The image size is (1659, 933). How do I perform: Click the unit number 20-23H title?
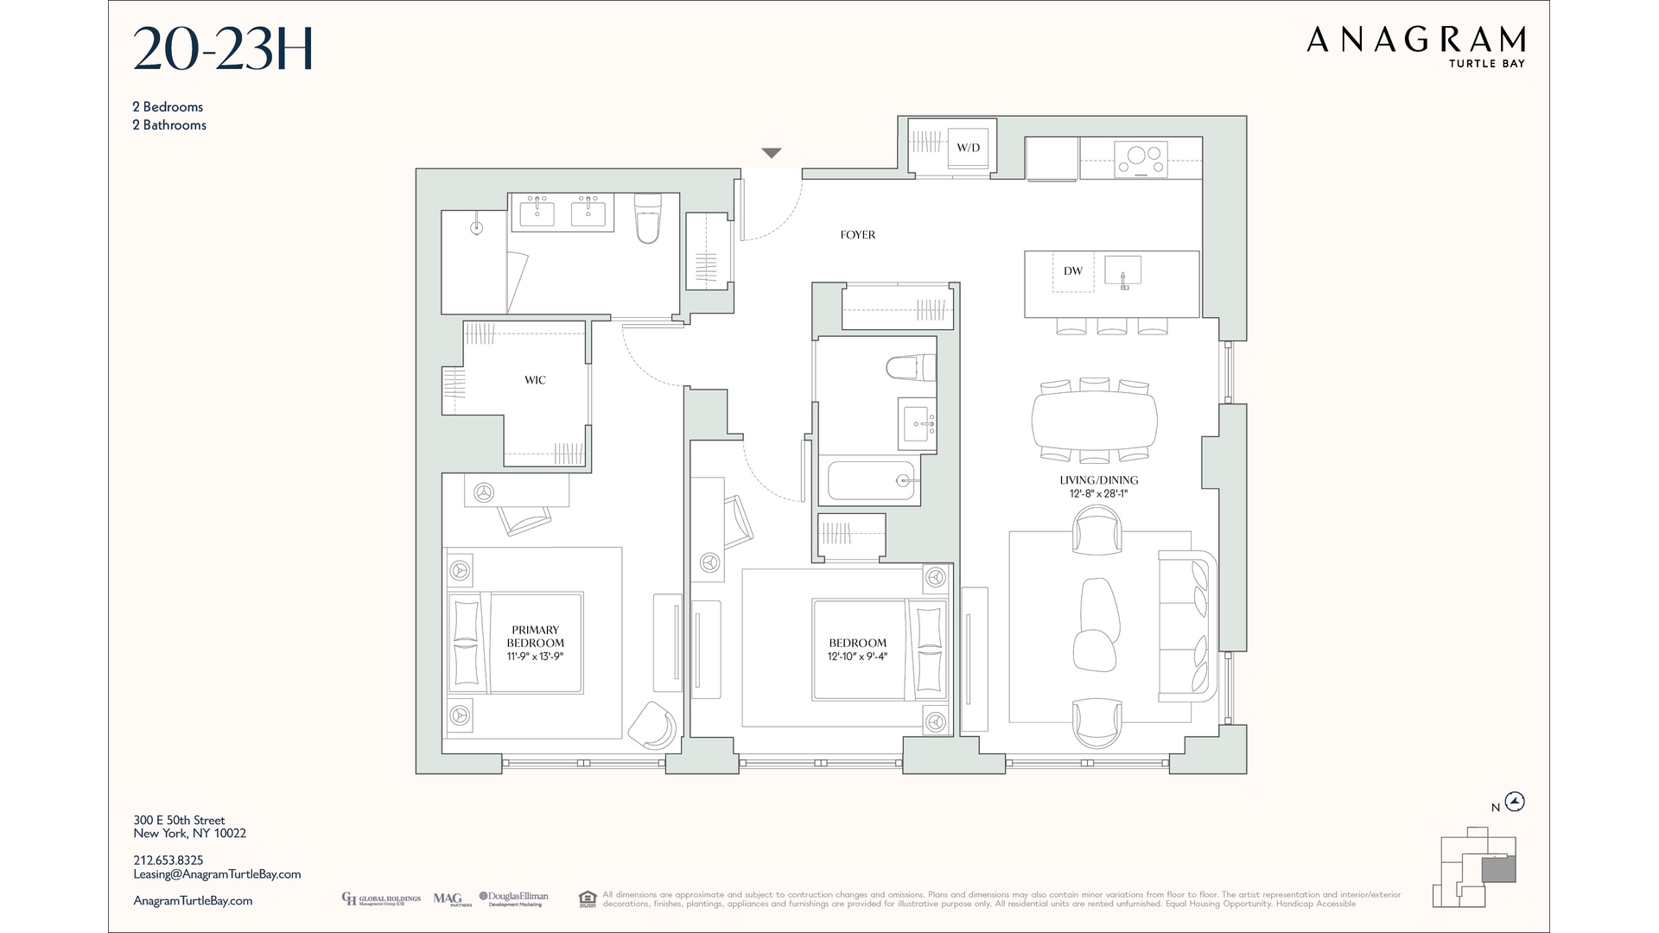click(x=223, y=49)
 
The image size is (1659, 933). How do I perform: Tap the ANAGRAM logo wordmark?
click(x=1415, y=40)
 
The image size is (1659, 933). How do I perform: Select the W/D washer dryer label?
click(x=968, y=148)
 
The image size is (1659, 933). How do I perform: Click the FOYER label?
click(x=857, y=235)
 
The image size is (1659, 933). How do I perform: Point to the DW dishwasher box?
click(x=1073, y=271)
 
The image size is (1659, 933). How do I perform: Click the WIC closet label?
click(x=535, y=380)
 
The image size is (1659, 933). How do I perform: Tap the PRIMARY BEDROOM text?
click(x=535, y=637)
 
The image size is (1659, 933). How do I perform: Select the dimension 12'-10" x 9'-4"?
click(x=857, y=657)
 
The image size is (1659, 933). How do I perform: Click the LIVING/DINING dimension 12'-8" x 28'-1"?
click(x=1098, y=494)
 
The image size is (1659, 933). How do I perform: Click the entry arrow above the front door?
click(x=772, y=153)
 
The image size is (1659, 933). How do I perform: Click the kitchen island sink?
click(x=1122, y=271)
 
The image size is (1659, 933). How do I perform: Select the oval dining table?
click(x=1094, y=420)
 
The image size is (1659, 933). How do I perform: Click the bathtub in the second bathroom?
click(x=870, y=481)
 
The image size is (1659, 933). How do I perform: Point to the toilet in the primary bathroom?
click(x=647, y=219)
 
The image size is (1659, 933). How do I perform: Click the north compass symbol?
click(x=1515, y=802)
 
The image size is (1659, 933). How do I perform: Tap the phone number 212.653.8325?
click(x=168, y=860)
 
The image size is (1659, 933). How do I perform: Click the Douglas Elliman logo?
click(x=513, y=898)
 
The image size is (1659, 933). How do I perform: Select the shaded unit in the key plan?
click(x=1498, y=870)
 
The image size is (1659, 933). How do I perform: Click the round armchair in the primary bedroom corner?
click(x=652, y=725)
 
